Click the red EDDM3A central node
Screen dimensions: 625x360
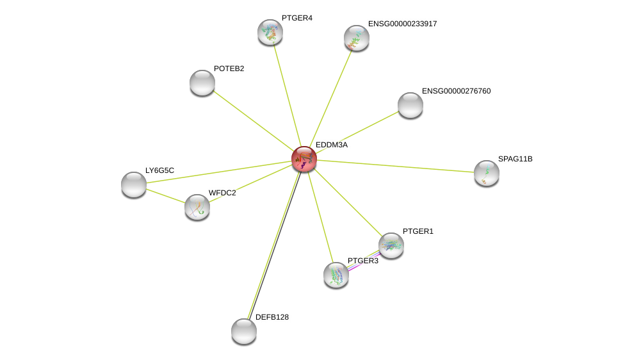click(304, 159)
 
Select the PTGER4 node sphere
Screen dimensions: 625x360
click(270, 32)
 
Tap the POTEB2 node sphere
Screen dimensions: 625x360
click(202, 83)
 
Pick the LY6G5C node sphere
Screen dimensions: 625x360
click(134, 184)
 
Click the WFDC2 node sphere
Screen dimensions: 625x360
click(197, 207)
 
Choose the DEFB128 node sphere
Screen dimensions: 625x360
click(244, 331)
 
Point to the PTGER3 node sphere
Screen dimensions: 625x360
click(336, 275)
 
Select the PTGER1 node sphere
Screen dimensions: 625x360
click(391, 245)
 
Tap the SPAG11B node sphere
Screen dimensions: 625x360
click(486, 173)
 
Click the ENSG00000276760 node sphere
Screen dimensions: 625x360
click(410, 105)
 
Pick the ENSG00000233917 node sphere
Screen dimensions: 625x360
click(356, 38)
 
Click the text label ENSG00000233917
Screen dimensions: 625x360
click(403, 24)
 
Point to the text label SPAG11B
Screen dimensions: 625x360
click(515, 159)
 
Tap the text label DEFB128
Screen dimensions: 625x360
click(272, 317)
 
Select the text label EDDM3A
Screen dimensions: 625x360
click(332, 145)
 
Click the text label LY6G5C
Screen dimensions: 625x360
click(159, 170)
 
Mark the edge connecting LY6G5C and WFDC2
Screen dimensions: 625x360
click(165, 196)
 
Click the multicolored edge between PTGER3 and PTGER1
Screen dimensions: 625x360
click(364, 260)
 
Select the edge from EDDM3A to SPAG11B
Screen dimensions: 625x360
click(395, 167)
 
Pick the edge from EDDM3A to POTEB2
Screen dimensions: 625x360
click(253, 121)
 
